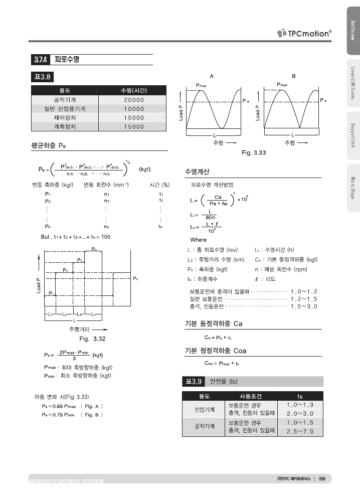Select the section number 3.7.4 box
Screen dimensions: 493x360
click(41, 60)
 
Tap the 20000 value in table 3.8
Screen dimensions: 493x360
click(134, 100)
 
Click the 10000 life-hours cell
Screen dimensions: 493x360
click(134, 109)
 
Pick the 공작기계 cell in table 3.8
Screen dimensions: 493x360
click(65, 100)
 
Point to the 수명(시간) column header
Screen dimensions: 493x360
click(134, 90)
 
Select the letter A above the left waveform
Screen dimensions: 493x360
click(212, 76)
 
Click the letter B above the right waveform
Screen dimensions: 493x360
click(294, 76)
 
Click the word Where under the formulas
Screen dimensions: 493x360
click(198, 239)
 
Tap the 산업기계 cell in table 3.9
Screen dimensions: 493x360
click(205, 409)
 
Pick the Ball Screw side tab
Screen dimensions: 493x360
click(353, 31)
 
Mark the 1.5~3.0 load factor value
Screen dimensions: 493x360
click(304, 306)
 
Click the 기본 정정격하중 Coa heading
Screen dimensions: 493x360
click(216, 351)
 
